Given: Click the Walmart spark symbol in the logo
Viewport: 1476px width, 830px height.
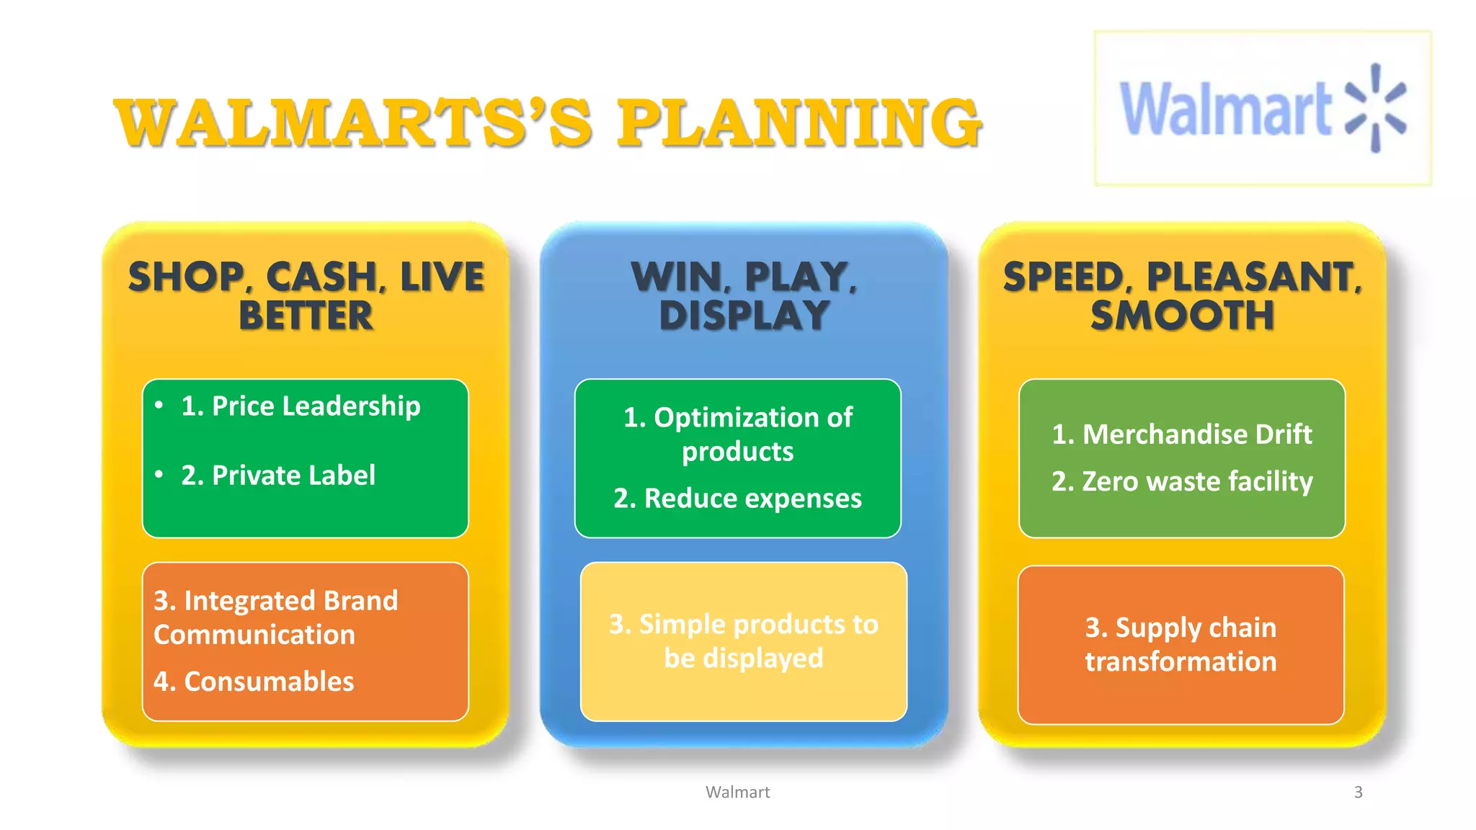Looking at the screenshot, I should pos(1376,108).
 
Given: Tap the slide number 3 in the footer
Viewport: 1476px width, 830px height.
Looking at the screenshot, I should pos(1358,792).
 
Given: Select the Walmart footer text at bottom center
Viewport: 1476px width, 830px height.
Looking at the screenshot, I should pos(737,792).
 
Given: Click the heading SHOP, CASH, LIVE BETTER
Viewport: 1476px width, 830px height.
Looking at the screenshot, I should pos(306,296).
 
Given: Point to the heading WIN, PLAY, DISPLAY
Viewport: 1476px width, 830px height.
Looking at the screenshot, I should pos(744,296).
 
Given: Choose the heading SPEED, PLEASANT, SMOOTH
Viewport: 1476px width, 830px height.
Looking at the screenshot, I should pos(1182,296).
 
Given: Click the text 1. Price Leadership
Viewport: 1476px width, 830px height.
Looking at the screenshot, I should pos(301,406).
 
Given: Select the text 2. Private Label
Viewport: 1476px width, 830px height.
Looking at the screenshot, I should pos(278,476).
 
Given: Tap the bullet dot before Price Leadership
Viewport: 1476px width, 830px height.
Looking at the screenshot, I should pos(159,405).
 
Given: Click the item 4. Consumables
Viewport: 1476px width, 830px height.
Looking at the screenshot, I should pos(254,682).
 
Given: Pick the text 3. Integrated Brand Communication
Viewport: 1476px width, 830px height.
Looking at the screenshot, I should pos(275,617).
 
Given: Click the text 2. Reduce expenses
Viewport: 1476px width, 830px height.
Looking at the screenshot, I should pos(737,499).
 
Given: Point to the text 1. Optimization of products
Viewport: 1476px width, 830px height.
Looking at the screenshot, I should pos(737,434).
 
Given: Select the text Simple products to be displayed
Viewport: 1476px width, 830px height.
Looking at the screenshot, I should pos(743,641).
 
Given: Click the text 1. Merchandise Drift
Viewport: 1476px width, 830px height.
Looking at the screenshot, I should pos(1182,434).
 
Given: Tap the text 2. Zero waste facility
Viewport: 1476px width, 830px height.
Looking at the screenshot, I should pos(1182,481).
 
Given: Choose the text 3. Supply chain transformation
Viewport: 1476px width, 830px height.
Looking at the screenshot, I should pos(1181,645).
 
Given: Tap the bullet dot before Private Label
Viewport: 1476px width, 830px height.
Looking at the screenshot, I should pos(159,474).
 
